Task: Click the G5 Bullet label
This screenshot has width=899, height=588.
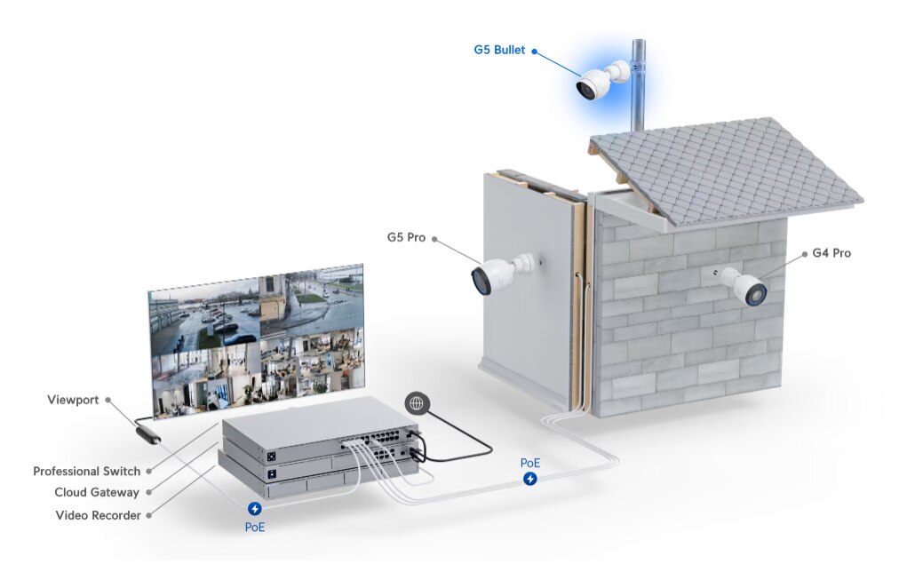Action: coord(499,51)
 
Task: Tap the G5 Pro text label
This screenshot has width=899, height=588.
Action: coord(405,237)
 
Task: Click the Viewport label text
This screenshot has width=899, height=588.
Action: coord(73,400)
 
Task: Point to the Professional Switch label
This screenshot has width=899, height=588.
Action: coord(86,471)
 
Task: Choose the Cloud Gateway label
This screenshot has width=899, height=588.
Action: coord(97,492)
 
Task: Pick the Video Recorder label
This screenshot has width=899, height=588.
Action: coord(98,514)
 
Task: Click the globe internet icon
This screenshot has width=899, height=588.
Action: coord(416,402)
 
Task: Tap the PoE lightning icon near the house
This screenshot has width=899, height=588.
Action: coord(529,479)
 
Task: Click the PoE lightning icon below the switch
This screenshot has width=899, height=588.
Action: coord(255,508)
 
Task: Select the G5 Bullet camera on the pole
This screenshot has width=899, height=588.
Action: coord(597,82)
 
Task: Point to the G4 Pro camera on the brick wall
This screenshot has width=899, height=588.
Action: coord(744,286)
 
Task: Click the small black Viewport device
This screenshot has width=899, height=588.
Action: coord(147,435)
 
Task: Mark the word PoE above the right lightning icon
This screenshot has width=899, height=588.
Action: coord(529,463)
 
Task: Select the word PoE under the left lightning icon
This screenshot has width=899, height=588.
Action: coord(255,526)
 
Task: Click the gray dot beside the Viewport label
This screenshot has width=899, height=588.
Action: coord(109,400)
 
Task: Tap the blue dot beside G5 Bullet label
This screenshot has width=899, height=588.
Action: coord(534,51)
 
